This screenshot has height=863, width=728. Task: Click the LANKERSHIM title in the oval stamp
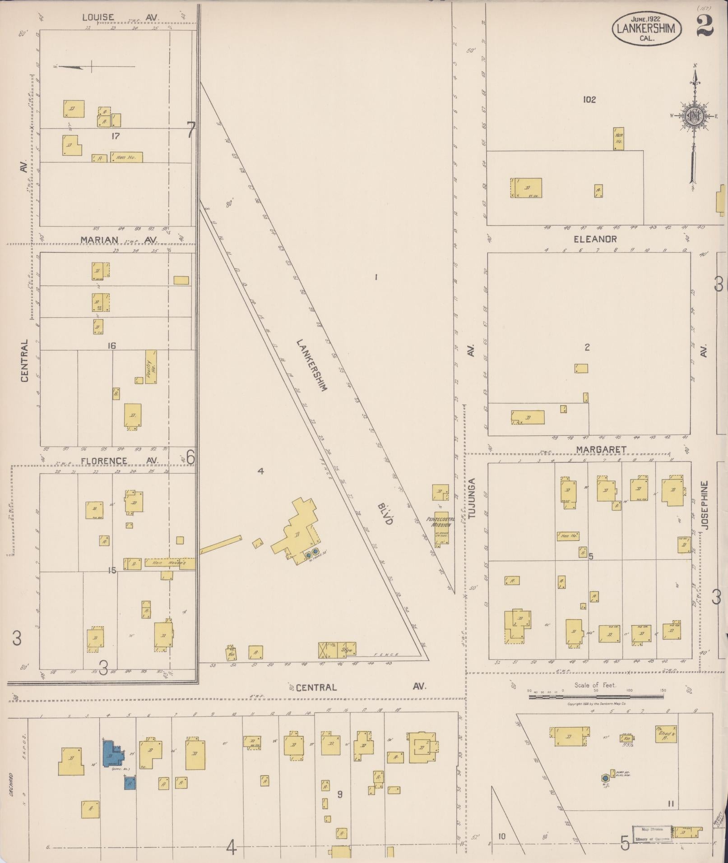pyautogui.click(x=647, y=29)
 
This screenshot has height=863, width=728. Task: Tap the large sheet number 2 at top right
pyautogui.click(x=705, y=25)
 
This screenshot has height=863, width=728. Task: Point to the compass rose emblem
pyautogui.click(x=693, y=116)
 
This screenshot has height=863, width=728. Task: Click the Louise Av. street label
pyautogui.click(x=120, y=18)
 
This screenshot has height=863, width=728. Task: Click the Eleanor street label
pyautogui.click(x=595, y=239)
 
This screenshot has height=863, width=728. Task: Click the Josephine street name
pyautogui.click(x=705, y=505)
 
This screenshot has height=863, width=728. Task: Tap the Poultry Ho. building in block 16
pyautogui.click(x=151, y=366)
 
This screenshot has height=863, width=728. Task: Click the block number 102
pyautogui.click(x=589, y=99)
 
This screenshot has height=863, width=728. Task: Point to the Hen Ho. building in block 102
pyautogui.click(x=618, y=138)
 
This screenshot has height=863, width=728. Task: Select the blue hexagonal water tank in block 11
pyautogui.click(x=605, y=778)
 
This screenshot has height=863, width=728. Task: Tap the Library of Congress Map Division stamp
pyautogui.click(x=652, y=834)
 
